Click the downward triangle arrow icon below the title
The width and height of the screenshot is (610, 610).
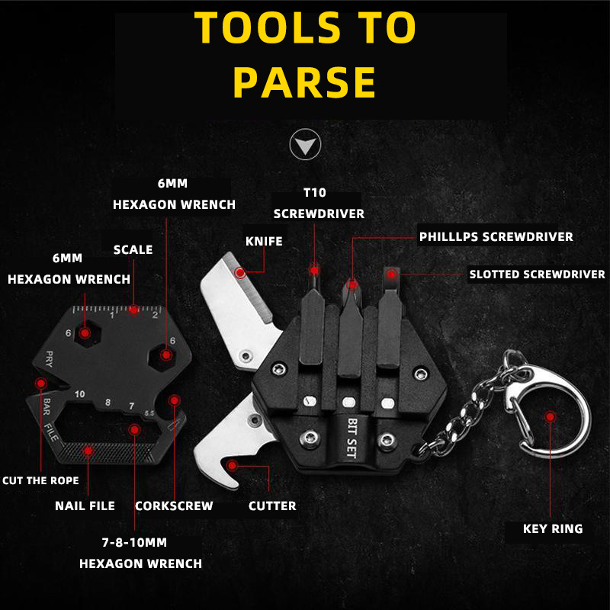coord(306,144)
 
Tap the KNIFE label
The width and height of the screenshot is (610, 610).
coord(264,241)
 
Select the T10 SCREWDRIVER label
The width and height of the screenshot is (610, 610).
coord(319,203)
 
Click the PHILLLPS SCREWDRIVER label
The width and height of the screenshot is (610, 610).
coord(496,236)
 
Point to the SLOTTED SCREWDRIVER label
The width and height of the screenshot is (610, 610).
coord(537,274)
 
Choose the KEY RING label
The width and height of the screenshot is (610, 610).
coord(553,528)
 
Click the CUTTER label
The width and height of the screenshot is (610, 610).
coord(272,506)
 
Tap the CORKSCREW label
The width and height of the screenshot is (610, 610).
coord(174,506)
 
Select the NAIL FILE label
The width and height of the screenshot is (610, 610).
coord(85,506)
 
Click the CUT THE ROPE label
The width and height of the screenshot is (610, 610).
coord(40,480)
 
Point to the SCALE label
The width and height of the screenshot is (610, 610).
coord(133,249)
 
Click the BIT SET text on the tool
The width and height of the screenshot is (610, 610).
coord(352,437)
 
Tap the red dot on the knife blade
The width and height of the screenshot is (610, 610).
coord(240,273)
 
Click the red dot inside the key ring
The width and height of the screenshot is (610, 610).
coord(550,417)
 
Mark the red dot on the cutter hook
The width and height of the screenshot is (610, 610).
coord(233,465)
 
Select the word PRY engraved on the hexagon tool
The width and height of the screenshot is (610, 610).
coord(49,358)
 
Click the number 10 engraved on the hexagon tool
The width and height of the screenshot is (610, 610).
coord(80,394)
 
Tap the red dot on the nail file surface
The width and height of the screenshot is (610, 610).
coord(88,451)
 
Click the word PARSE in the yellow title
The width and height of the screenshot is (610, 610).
coord(304,82)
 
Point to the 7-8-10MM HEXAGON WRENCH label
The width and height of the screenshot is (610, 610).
coord(140,553)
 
